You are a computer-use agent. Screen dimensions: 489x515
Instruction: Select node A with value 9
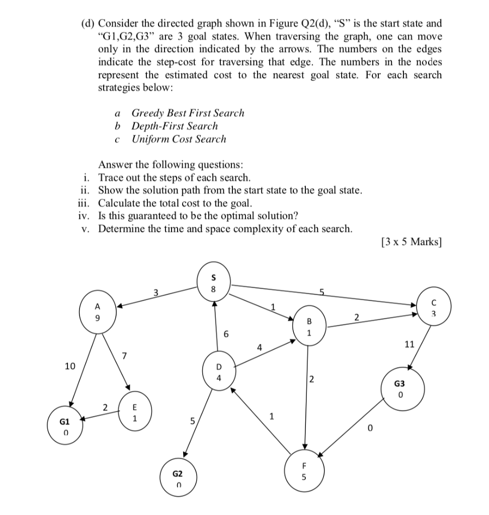click(98, 312)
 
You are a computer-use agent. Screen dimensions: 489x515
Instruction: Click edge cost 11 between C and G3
click(409, 345)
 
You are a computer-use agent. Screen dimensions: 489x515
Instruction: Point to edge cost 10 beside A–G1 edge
click(70, 366)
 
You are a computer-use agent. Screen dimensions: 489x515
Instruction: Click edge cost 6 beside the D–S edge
click(226, 334)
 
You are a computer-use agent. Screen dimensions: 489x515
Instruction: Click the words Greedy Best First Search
click(188, 113)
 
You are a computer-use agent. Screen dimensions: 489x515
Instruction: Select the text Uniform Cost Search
click(179, 139)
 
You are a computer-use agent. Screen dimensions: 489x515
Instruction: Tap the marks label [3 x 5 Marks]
click(412, 242)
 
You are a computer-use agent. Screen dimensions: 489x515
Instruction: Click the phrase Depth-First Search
click(175, 126)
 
